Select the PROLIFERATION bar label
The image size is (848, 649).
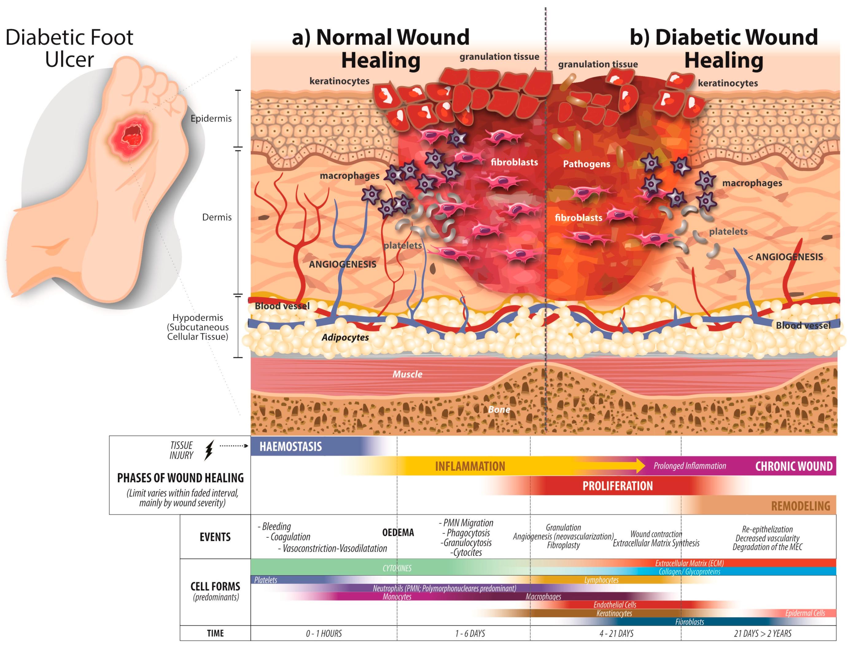click(x=617, y=486)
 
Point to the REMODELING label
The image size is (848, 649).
click(x=800, y=506)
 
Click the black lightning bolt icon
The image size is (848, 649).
click(x=209, y=450)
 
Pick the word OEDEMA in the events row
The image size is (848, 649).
click(x=398, y=533)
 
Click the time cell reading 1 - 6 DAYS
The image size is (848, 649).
click(x=470, y=634)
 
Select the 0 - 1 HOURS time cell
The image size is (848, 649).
click(x=324, y=634)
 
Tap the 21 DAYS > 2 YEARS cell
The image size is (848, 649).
click(x=762, y=634)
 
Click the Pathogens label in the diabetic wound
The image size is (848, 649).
click(x=586, y=164)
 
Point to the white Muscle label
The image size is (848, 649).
click(x=407, y=374)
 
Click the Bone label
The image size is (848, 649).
click(x=499, y=410)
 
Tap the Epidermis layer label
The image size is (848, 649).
click(x=211, y=119)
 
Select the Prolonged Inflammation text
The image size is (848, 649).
click(x=689, y=466)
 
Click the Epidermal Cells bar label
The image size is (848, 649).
click(x=805, y=613)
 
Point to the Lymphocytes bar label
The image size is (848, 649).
click(x=601, y=580)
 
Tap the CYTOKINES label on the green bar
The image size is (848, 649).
click(x=397, y=568)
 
